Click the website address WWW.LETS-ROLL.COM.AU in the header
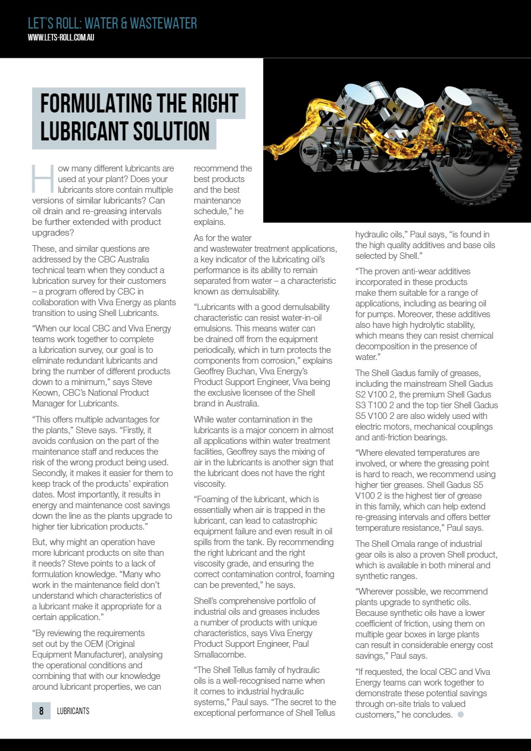pyautogui.click(x=61, y=37)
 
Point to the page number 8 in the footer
pyautogui.click(x=41, y=711)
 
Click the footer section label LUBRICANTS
pyautogui.click(x=73, y=711)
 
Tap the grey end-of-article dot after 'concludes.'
pyautogui.click(x=460, y=715)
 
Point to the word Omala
pyautogui.click(x=408, y=544)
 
